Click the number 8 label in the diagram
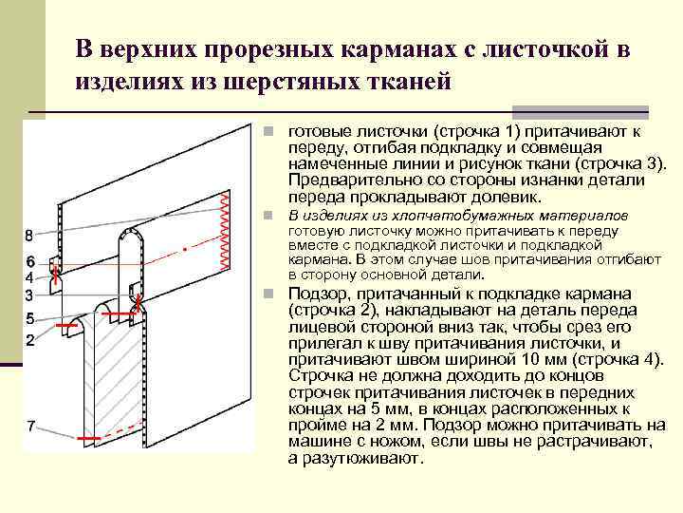coord(29,235)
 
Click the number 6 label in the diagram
coord(30,260)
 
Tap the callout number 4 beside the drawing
coord(29,277)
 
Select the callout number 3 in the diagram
coord(29,294)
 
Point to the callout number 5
coord(30,317)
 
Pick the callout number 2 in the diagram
coord(30,339)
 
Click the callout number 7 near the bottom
coord(30,426)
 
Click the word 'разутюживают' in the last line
coord(360,458)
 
